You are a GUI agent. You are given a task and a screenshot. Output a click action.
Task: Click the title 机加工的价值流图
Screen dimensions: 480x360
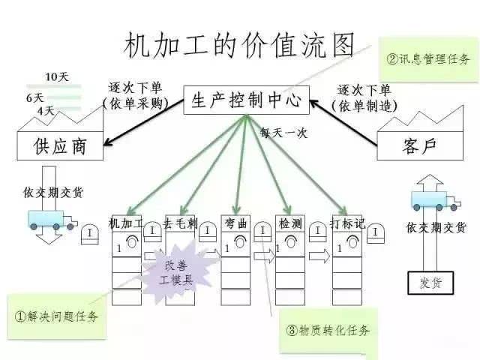(238, 45)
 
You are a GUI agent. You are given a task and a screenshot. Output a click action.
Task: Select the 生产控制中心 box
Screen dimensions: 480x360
(247, 100)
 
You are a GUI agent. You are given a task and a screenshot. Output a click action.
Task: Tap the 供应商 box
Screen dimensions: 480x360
(60, 145)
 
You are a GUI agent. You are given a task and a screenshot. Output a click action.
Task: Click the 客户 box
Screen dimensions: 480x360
(420, 145)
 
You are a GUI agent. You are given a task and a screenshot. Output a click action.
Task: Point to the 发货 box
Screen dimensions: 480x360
(430, 283)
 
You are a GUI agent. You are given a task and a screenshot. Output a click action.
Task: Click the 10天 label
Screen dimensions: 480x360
(57, 76)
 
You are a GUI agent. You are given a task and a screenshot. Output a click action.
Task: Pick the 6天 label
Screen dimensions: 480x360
(35, 97)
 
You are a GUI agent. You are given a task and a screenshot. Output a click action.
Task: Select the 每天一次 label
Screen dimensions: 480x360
(283, 133)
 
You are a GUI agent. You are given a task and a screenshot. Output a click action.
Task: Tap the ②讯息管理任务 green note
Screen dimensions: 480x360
(428, 59)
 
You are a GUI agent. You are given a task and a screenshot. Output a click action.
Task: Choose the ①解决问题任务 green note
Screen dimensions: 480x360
(57, 316)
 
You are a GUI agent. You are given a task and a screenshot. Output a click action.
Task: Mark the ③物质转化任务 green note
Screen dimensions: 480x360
(328, 330)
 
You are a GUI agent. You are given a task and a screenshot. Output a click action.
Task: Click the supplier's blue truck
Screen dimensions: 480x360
(52, 220)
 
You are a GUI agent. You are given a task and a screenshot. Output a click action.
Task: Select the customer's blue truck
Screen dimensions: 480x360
(436, 201)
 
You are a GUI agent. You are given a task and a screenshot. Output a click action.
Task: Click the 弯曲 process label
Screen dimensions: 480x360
(235, 223)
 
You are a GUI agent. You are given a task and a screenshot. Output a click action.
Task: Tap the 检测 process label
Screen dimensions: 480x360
(290, 223)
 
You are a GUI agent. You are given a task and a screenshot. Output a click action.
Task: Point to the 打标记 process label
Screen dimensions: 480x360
(347, 223)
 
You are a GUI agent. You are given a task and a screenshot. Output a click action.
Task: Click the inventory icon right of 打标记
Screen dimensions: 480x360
(376, 233)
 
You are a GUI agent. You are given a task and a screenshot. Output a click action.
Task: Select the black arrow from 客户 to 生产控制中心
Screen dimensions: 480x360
(343, 123)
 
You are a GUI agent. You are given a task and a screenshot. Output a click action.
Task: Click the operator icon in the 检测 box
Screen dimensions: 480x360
(290, 241)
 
